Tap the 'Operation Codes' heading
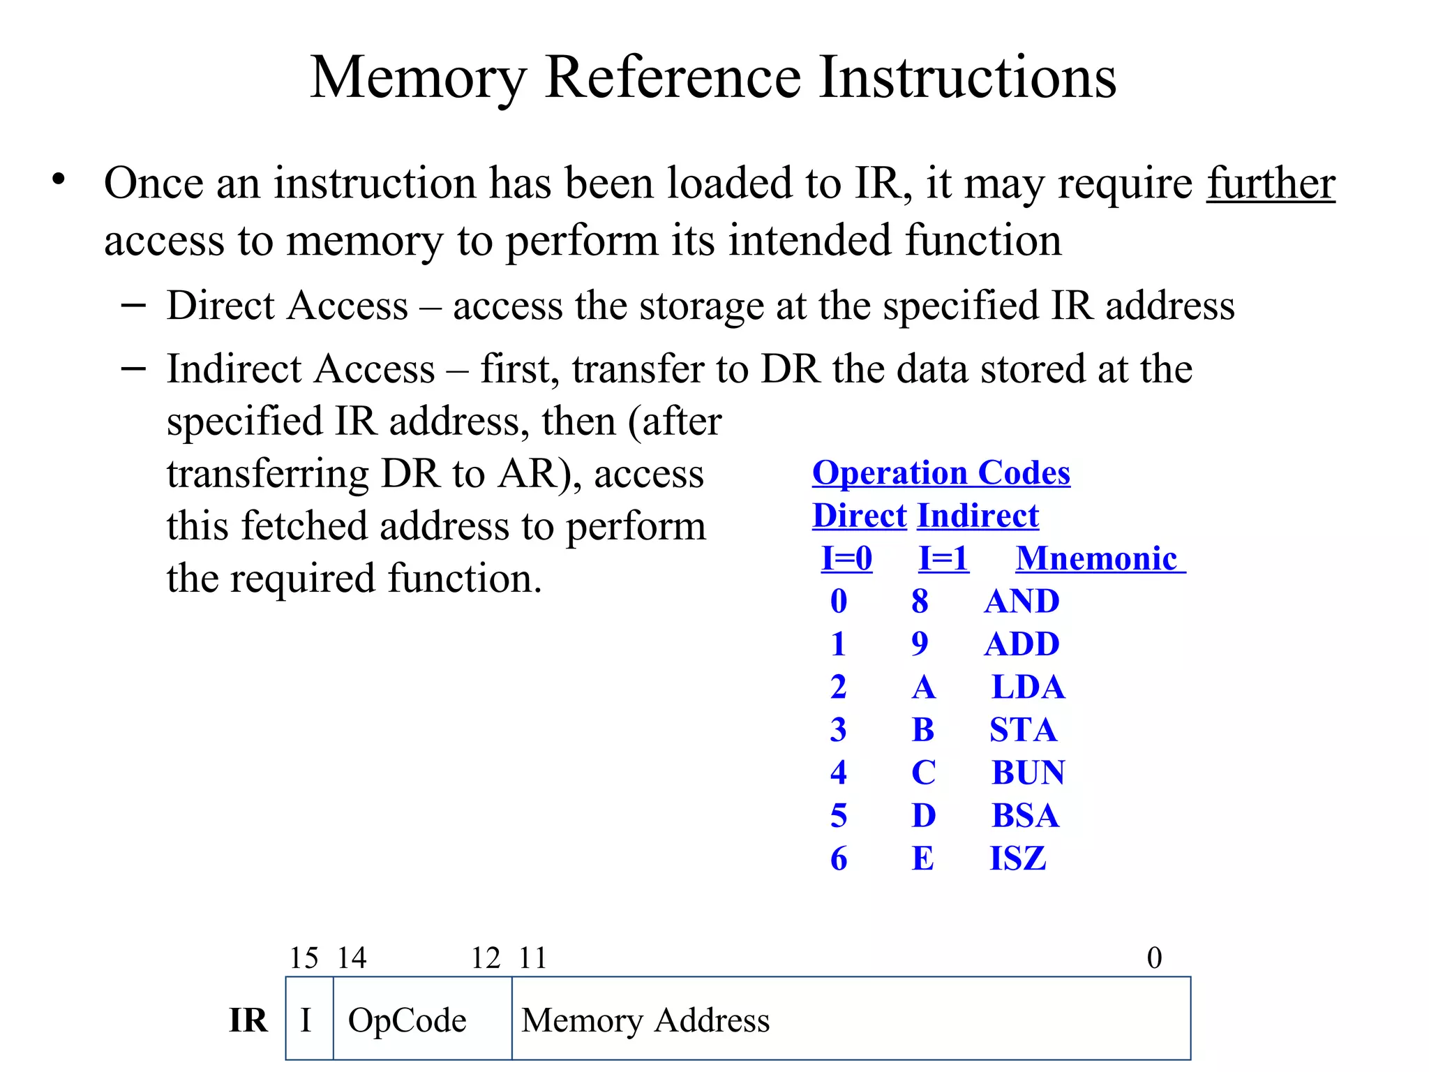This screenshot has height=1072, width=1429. point(941,473)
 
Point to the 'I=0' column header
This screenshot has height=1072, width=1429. point(846,558)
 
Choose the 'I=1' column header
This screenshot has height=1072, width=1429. point(943,558)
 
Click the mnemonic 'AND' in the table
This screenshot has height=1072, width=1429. point(1022,602)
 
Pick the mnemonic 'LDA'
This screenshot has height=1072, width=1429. point(1028,687)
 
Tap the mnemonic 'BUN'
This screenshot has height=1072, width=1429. point(1028,773)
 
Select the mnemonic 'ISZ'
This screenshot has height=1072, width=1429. point(1017,858)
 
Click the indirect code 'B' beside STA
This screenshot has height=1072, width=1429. point(922,730)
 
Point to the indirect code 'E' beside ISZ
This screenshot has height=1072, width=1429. point(922,858)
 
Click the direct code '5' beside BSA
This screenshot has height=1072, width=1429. point(839,816)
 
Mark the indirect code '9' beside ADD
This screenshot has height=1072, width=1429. point(920,644)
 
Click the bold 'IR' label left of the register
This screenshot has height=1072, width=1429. point(248,1020)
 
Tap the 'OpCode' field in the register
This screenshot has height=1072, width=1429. point(407,1020)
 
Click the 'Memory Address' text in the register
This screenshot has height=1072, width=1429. point(645,1020)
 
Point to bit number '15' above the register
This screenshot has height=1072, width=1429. point(304,958)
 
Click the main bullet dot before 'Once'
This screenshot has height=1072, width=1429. point(59,179)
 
